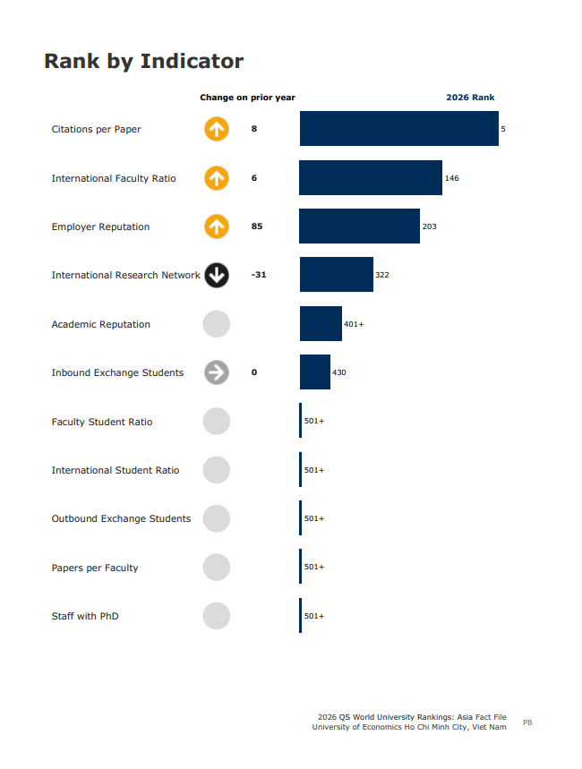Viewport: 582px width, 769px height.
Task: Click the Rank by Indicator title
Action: pos(143,61)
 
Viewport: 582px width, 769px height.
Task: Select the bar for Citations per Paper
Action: pos(398,129)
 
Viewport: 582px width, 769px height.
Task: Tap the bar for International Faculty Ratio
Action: pos(371,178)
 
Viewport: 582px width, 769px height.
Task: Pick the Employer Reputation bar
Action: pos(359,226)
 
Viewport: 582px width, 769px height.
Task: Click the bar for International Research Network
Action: pos(336,275)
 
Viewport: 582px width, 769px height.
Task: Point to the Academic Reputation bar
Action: pos(321,324)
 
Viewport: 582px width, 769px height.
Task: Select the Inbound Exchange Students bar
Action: pos(314,372)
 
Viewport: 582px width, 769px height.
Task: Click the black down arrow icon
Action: pos(216,275)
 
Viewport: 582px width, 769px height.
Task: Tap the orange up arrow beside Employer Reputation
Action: pos(216,226)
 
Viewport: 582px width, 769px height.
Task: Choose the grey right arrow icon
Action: pos(216,372)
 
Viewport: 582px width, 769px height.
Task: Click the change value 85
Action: pos(257,226)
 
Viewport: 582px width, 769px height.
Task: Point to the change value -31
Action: pos(259,275)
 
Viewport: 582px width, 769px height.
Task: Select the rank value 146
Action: pos(452,178)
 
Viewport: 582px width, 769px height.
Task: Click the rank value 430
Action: pos(339,372)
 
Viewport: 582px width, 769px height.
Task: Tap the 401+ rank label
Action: pos(354,324)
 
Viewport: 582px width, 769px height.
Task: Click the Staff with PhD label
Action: pos(85,616)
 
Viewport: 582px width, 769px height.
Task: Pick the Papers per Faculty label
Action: pos(95,568)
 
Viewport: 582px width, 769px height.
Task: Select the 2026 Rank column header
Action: pos(470,98)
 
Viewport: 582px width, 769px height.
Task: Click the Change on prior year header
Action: pos(247,98)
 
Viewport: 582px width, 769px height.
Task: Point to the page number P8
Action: pos(527,722)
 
